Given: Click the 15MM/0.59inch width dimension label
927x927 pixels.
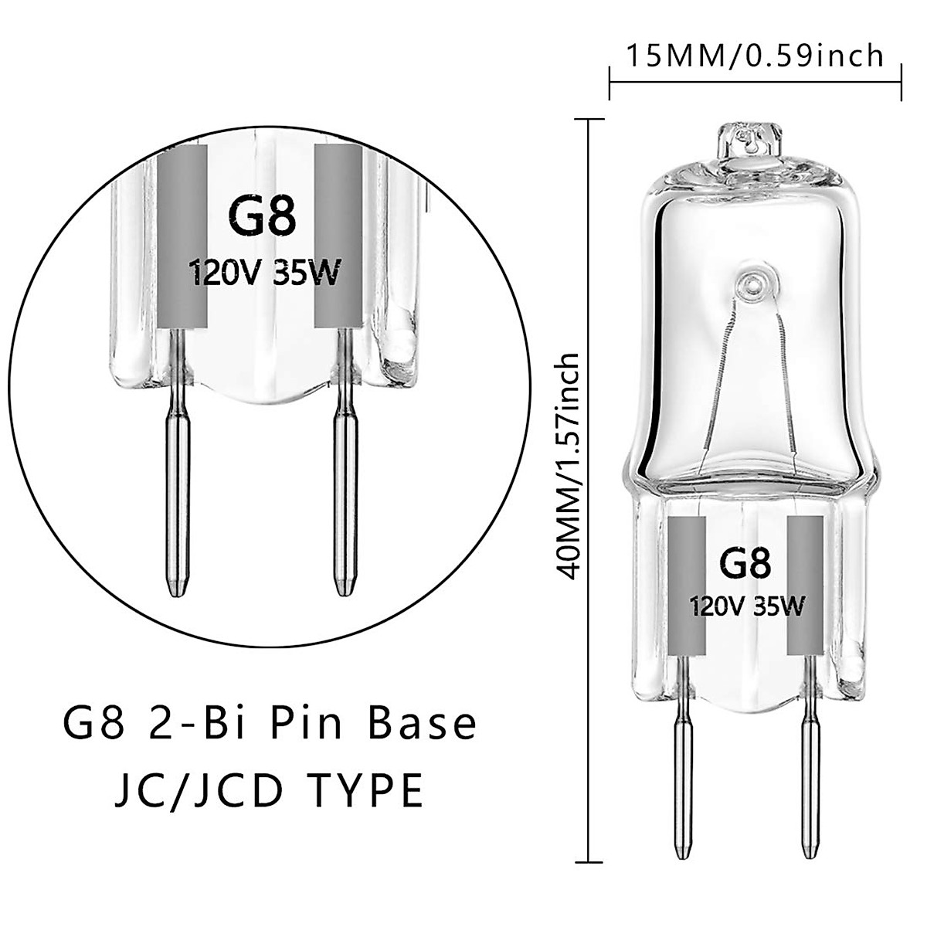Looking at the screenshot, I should point(754,56).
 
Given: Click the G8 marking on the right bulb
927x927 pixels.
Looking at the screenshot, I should point(745,563).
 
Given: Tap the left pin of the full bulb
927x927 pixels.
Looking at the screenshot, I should point(682,765).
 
